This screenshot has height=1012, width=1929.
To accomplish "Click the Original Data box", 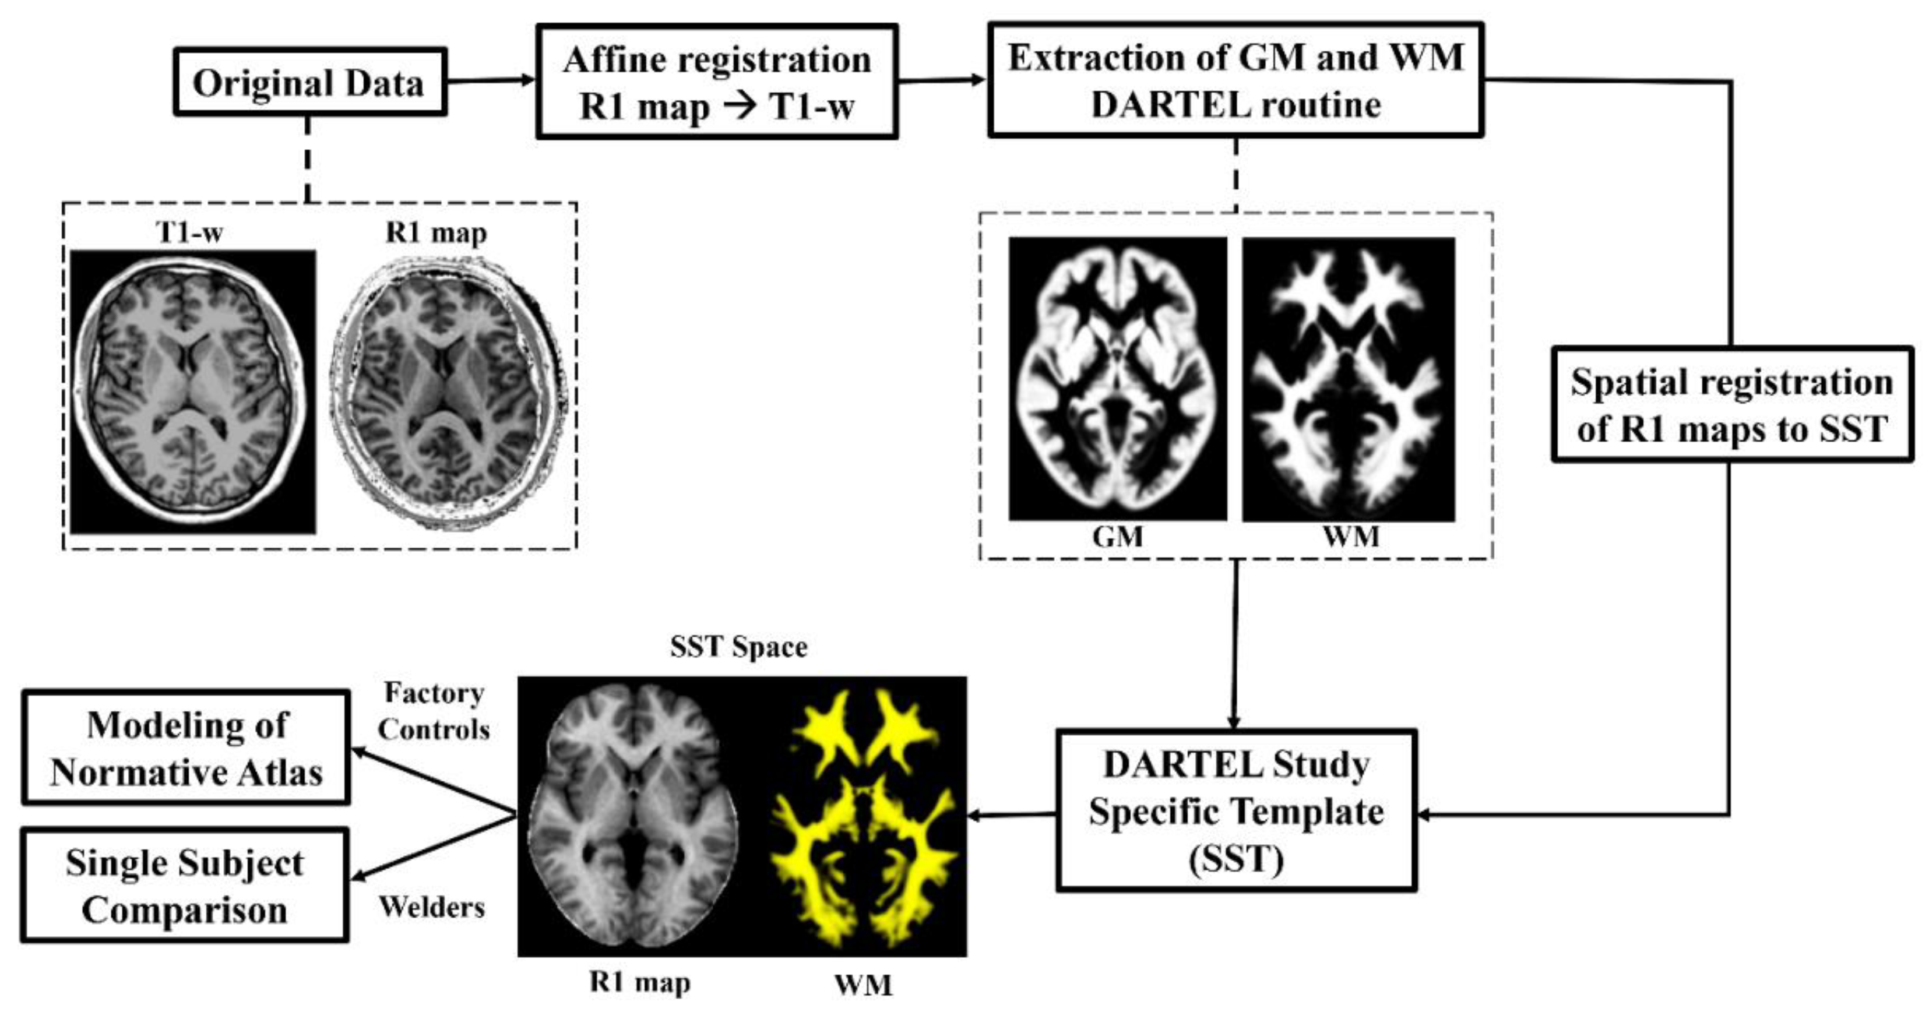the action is pyautogui.click(x=309, y=82).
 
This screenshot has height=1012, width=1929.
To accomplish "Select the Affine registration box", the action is pyautogui.click(x=717, y=82).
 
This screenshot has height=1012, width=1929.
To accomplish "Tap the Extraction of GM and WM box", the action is pyautogui.click(x=1235, y=80).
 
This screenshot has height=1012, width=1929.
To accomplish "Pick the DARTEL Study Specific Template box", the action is pyautogui.click(x=1235, y=810).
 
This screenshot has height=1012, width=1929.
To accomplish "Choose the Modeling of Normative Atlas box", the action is pyautogui.click(x=186, y=747).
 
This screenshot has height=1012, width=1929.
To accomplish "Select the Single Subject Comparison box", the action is pyautogui.click(x=184, y=886).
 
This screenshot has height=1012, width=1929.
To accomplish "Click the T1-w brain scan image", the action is pyautogui.click(x=192, y=392).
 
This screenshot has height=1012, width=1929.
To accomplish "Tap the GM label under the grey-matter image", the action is pyautogui.click(x=1117, y=537).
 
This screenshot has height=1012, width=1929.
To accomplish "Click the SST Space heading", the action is pyautogui.click(x=738, y=647).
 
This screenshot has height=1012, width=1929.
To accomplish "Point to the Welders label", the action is pyautogui.click(x=432, y=907).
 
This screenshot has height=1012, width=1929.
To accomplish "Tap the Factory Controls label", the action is pyautogui.click(x=434, y=711).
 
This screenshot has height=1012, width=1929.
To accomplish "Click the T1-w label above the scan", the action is pyautogui.click(x=190, y=233).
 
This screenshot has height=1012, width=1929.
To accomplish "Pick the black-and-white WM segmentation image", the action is pyautogui.click(x=1349, y=379).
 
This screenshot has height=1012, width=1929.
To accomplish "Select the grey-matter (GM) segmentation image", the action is pyautogui.click(x=1117, y=379).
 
